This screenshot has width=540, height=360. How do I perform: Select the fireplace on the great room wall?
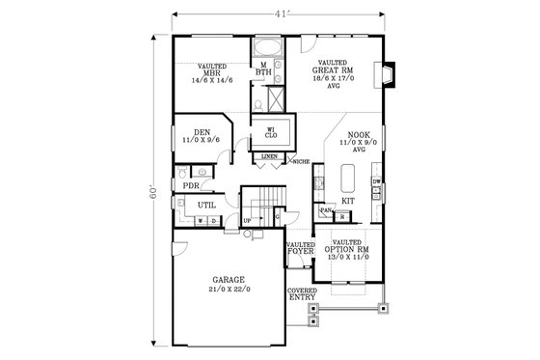(x=387, y=75)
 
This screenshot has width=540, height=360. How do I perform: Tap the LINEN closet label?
(x=270, y=155)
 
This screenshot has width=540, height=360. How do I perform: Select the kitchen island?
(x=348, y=179)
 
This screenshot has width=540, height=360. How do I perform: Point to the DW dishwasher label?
(x=378, y=180)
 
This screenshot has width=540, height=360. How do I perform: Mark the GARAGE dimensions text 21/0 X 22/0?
(x=228, y=291)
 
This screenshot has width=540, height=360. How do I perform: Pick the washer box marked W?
(x=200, y=221)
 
